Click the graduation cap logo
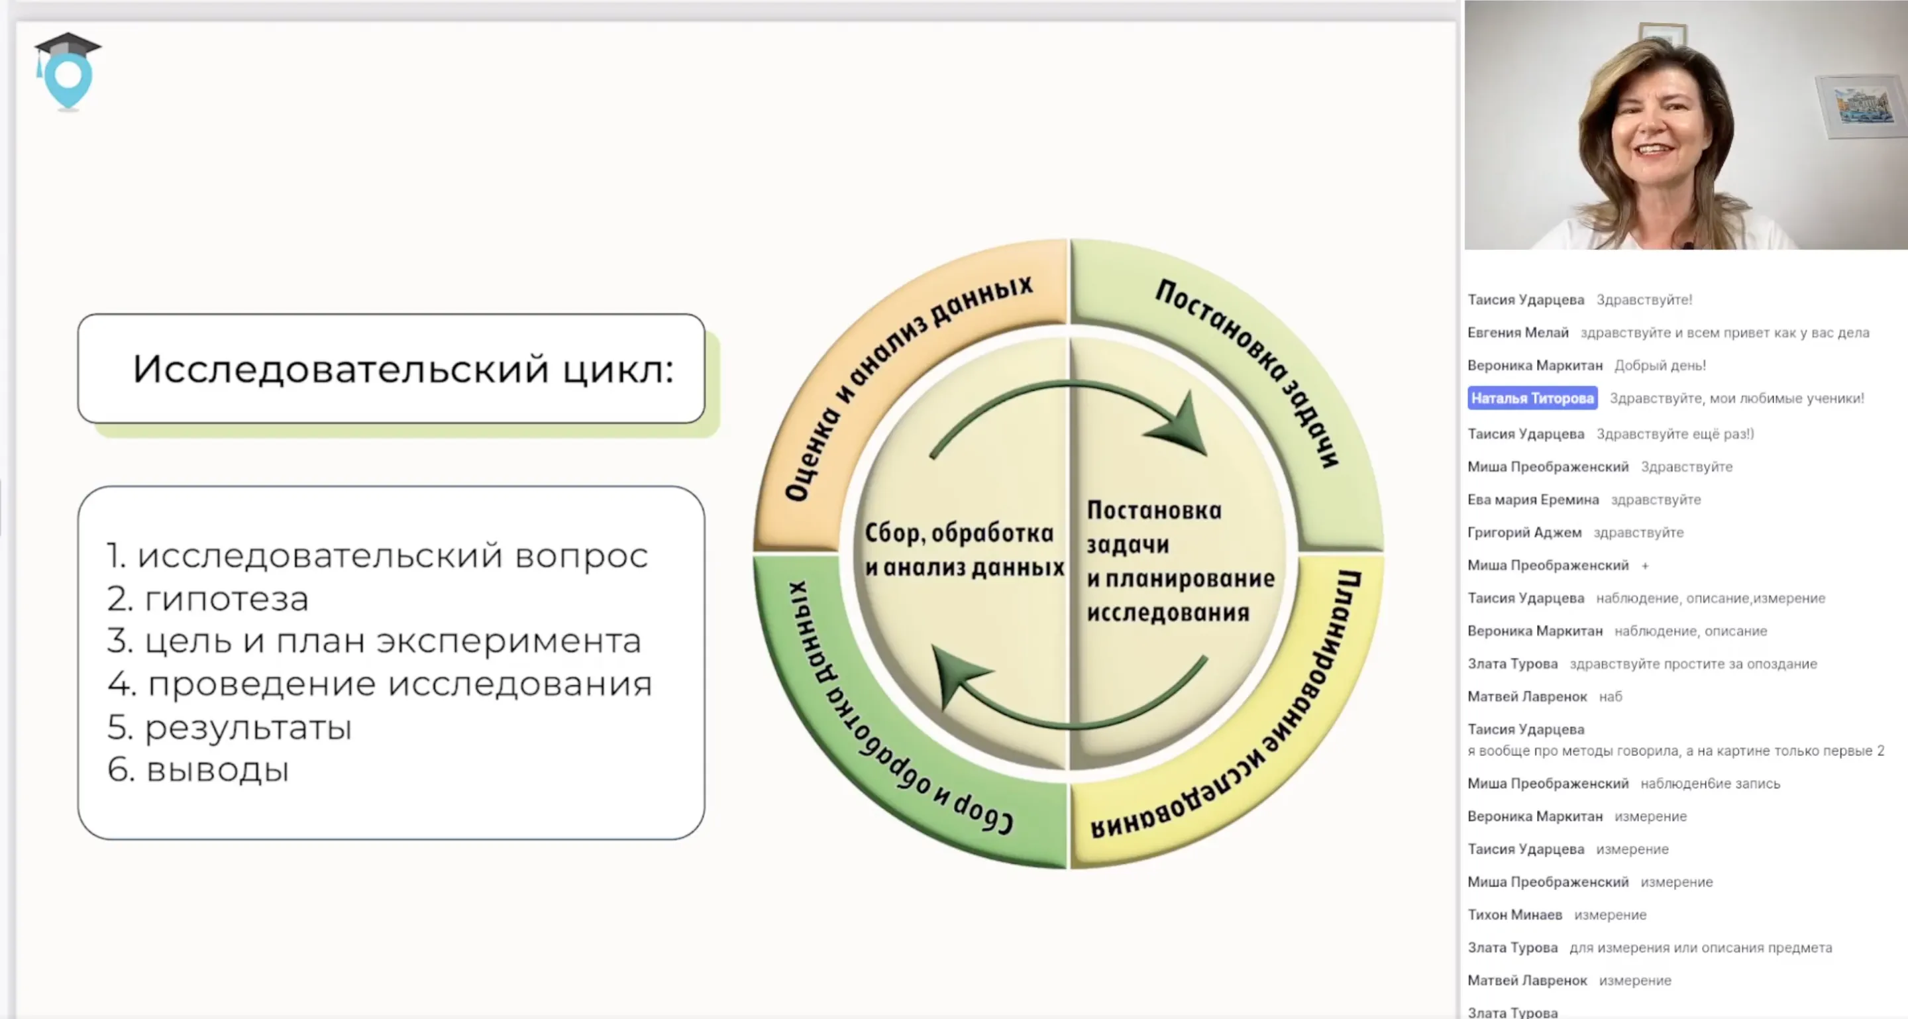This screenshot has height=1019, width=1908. coord(68,71)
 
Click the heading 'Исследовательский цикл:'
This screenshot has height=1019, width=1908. coord(403,369)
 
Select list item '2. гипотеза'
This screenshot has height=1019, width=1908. coord(207,598)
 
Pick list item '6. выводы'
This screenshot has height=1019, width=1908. coord(198,769)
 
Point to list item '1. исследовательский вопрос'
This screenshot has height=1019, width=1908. coord(377,555)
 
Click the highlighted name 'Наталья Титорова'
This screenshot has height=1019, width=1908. coord(1532,398)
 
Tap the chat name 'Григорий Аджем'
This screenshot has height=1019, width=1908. coord(1524,533)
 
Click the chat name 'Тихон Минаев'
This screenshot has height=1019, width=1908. coord(1514,914)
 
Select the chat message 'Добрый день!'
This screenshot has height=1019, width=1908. coord(1660,365)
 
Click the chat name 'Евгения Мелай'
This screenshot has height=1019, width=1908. coord(1518,333)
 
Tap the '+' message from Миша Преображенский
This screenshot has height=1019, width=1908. coord(1645,566)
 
